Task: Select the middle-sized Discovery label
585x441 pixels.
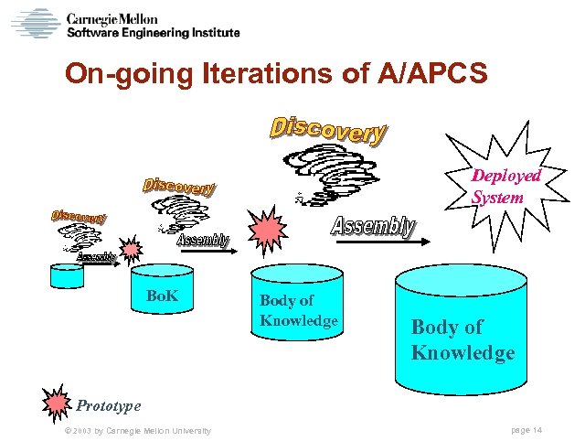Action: [x=179, y=188]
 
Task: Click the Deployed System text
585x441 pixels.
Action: [x=506, y=186]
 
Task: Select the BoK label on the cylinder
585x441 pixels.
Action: [x=162, y=296]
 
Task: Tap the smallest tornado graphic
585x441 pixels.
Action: [x=83, y=240]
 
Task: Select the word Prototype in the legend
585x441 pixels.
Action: [x=109, y=404]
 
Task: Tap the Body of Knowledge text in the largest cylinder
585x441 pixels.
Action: [x=463, y=339]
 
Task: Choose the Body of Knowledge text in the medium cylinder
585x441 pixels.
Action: [x=299, y=310]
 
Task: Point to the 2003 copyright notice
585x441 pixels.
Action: [x=138, y=430]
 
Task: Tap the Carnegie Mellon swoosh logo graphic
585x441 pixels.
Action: [x=36, y=24]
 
